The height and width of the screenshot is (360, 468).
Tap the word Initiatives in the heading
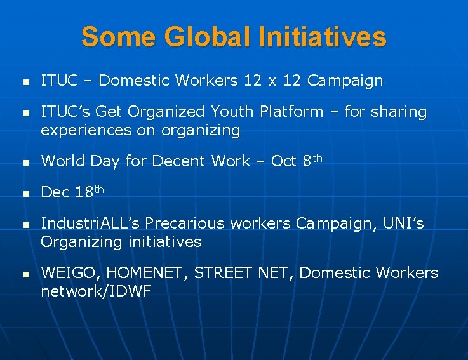pyautogui.click(x=323, y=37)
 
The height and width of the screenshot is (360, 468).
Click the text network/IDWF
pyautogui.click(x=97, y=292)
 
